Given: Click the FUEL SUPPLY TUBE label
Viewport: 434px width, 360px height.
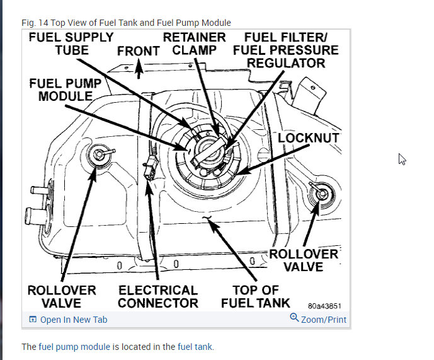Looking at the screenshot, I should [x=71, y=44].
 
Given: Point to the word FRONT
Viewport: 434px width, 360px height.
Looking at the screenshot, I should [x=138, y=51].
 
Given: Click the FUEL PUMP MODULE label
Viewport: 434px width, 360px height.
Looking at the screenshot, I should [x=65, y=90].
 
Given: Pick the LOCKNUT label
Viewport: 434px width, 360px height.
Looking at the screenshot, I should [x=309, y=138].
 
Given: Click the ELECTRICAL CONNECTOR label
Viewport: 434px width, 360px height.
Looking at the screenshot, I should [x=157, y=296].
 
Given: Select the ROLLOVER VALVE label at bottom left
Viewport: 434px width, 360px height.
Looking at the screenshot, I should [x=62, y=296].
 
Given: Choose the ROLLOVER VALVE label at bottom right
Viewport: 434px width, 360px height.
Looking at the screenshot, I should [x=304, y=260].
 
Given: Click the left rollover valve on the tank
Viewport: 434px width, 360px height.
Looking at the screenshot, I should [x=99, y=154].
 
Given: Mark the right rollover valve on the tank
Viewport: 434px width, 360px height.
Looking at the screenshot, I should [x=320, y=194].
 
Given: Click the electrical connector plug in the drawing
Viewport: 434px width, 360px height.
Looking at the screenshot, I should [x=149, y=170].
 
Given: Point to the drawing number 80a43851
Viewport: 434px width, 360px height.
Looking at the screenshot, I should [x=324, y=306].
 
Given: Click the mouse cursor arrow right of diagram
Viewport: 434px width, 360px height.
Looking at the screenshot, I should [x=402, y=159].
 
